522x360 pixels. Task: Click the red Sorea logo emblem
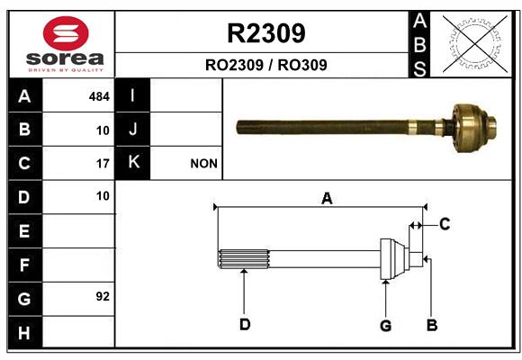66,33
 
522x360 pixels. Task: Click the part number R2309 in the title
266,33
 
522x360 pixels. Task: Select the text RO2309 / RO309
266,65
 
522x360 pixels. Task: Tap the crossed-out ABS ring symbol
475,43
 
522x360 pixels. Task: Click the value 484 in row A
99,96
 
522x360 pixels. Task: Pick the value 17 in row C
103,164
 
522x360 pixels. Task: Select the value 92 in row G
103,296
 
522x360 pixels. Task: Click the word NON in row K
203,164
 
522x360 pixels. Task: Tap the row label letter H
24,333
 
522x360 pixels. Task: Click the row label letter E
24,230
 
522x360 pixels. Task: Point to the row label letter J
133,129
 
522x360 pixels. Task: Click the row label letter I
132,95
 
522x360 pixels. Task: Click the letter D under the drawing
245,324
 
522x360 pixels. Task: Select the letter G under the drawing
385,326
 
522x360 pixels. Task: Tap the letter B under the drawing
432,325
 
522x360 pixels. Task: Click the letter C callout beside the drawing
445,224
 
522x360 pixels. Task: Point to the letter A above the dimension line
327,199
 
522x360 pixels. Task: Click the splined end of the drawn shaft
243,259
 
